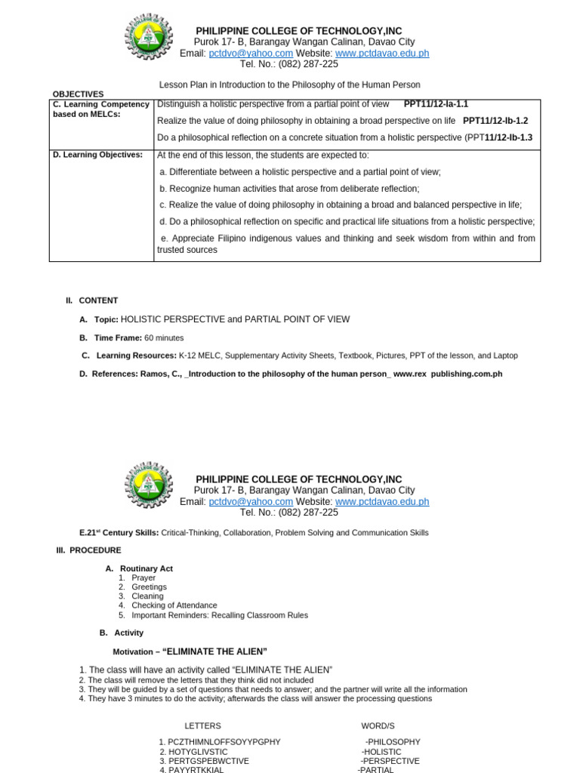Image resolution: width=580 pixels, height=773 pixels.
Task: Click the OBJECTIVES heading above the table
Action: (x=78, y=94)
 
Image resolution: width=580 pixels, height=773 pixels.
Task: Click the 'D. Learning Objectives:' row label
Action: (x=97, y=155)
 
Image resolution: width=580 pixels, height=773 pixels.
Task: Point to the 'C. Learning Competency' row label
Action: (x=100, y=104)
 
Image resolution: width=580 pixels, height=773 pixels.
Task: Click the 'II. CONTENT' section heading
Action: (x=92, y=300)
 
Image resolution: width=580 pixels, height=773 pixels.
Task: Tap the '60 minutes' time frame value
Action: (x=164, y=338)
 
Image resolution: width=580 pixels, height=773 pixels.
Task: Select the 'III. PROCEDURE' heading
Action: (x=88, y=550)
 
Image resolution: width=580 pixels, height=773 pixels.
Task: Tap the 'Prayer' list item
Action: (x=143, y=578)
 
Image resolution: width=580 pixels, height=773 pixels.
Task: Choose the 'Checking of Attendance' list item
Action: (x=174, y=605)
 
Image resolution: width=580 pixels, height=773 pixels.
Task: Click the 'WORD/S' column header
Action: (x=378, y=725)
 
